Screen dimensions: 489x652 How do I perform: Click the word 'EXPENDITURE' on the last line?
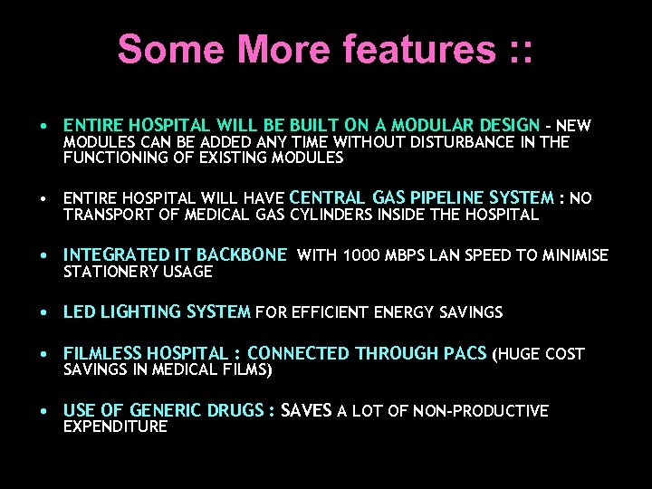115,427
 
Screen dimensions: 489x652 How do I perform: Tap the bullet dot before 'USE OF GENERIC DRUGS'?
43,411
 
